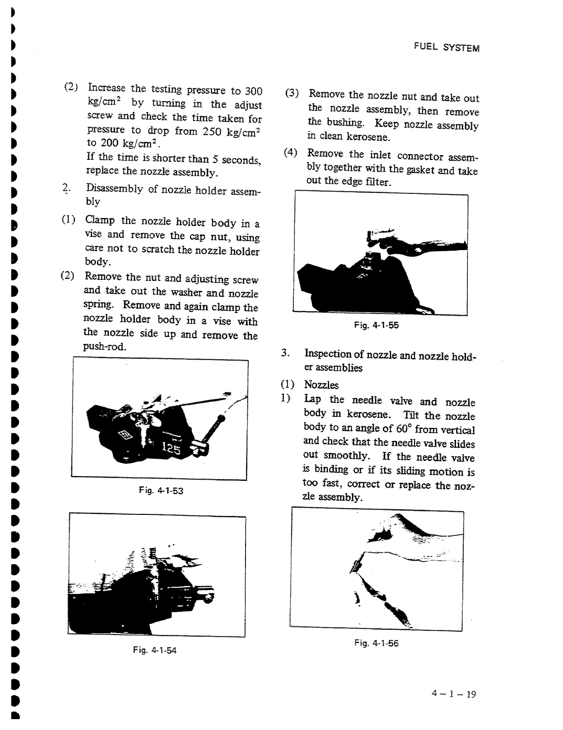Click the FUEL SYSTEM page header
[x=446, y=47]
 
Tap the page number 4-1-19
[x=453, y=694]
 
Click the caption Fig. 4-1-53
[x=161, y=491]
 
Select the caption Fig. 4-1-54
[x=155, y=650]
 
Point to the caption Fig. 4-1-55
[x=376, y=325]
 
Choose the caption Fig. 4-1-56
[x=376, y=643]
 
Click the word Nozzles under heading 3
[x=321, y=385]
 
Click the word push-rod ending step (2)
[x=98, y=347]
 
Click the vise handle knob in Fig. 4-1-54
[x=208, y=597]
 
